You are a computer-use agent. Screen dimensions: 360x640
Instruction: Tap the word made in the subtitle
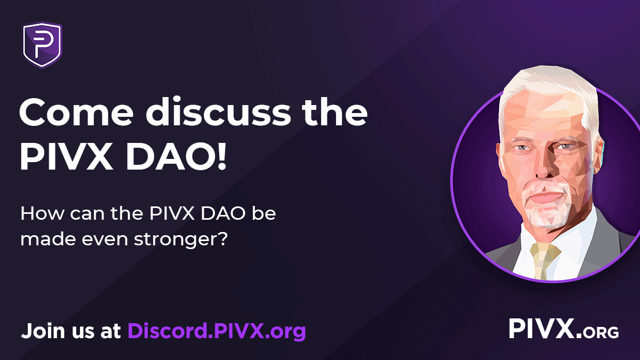[x=45, y=238]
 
